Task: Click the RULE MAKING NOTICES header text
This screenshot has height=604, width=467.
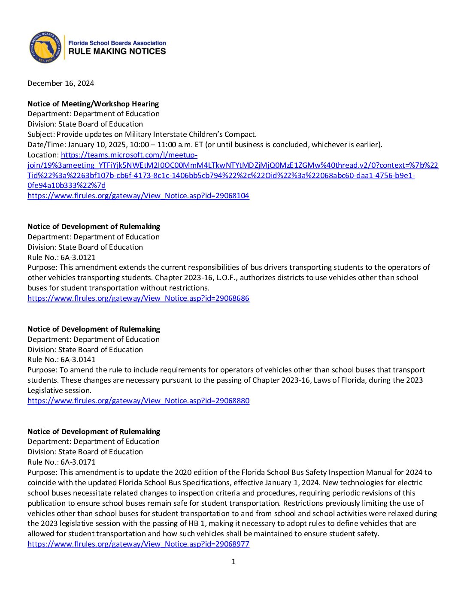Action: pyautogui.click(x=117, y=51)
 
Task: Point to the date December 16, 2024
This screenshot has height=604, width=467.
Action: pyautogui.click(x=61, y=83)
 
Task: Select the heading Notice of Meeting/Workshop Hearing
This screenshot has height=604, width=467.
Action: pyautogui.click(x=93, y=104)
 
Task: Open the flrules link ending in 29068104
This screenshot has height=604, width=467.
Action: pyautogui.click(x=138, y=196)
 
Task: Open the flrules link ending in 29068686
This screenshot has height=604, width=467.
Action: pyautogui.click(x=138, y=298)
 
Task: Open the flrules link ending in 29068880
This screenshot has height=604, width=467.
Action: pyautogui.click(x=138, y=401)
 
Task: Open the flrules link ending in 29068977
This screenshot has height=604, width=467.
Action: pyautogui.click(x=138, y=544)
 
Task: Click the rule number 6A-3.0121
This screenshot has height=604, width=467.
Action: pyautogui.click(x=78, y=257)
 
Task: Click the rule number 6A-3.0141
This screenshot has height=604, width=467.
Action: pyautogui.click(x=78, y=359)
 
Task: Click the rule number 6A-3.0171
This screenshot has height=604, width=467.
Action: pyautogui.click(x=78, y=462)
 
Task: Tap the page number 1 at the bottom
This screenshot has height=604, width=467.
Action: pyautogui.click(x=233, y=562)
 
